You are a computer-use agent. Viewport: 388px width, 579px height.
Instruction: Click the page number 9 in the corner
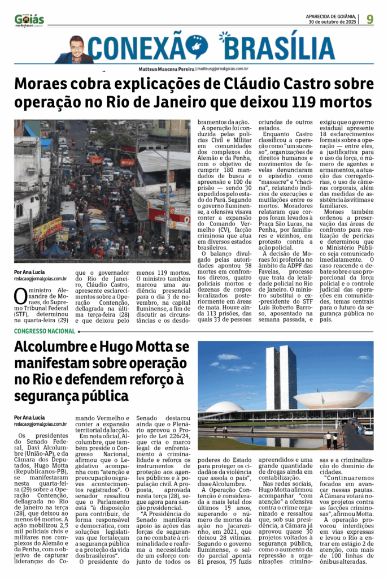[369, 19]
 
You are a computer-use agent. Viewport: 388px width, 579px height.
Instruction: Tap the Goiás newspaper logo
[29, 20]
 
